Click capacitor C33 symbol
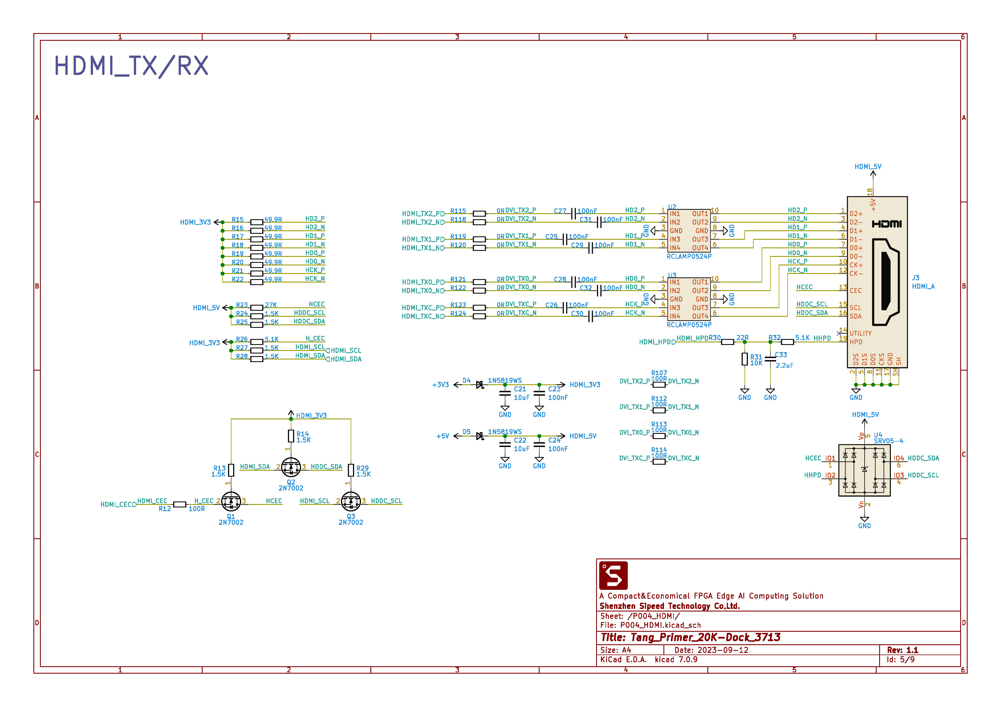pos(770,359)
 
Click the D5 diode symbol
pos(480,436)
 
